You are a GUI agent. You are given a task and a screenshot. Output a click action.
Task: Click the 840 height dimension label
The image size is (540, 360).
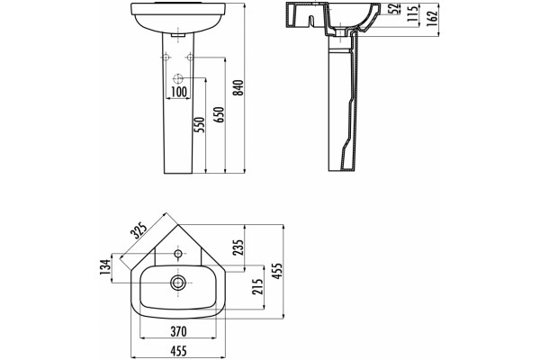click(x=238, y=87)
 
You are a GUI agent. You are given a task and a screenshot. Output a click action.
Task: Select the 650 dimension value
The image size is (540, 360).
click(x=219, y=114)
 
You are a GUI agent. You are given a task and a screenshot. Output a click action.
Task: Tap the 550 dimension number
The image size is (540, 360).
click(x=200, y=125)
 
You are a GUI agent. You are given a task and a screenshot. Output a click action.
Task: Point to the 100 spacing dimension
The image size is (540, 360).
click(x=179, y=92)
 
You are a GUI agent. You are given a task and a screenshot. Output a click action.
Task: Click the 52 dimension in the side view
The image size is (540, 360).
click(x=395, y=8)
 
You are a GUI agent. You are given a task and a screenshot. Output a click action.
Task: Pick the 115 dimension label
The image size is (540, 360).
click(x=412, y=13)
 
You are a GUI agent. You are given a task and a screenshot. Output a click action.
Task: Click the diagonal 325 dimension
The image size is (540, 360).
click(x=139, y=230)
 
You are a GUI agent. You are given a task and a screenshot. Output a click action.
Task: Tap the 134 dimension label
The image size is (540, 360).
click(x=105, y=267)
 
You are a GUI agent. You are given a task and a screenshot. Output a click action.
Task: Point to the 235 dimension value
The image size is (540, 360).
click(x=238, y=247)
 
